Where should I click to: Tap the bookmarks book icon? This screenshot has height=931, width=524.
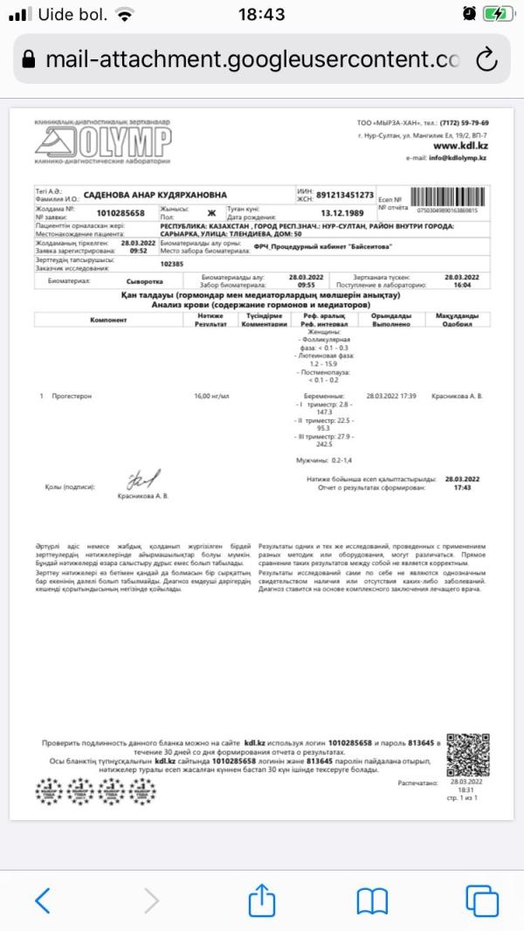pos(371,900)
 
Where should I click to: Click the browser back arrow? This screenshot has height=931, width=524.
pos(43,900)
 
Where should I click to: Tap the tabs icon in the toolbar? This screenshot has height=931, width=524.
pos(480,900)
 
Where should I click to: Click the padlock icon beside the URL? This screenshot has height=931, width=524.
pos(29,59)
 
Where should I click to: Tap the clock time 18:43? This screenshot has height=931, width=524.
pos(261,15)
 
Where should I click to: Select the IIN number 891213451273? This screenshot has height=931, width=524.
pos(345,195)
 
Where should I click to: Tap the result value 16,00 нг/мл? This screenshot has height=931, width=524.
pos(211,397)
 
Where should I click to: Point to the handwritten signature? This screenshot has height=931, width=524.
pos(143,480)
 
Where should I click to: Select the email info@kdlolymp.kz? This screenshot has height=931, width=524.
pos(458,157)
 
